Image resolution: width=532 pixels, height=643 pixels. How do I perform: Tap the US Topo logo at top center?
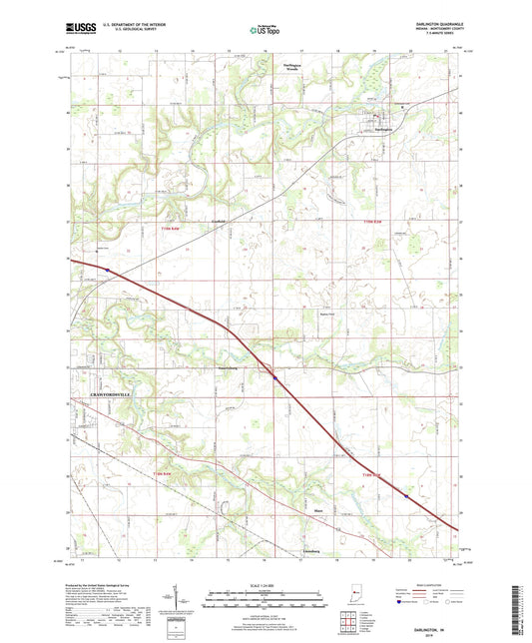click(x=265, y=32)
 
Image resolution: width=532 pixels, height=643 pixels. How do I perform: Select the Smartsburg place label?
click(x=232, y=367)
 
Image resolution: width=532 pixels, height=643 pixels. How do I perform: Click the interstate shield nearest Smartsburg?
click(x=275, y=377)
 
